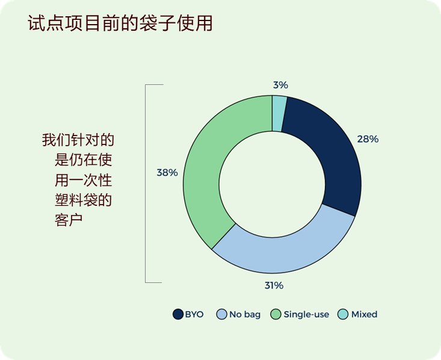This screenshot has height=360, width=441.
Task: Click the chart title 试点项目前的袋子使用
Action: [x=120, y=23]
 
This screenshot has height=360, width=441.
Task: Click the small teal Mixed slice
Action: [x=279, y=113]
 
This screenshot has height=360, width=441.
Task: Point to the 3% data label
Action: [x=280, y=85]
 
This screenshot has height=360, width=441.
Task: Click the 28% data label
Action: [x=368, y=139]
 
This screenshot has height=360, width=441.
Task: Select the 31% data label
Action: [x=274, y=285]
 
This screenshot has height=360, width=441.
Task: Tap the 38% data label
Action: [x=167, y=173]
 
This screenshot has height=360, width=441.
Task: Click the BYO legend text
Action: [x=194, y=314]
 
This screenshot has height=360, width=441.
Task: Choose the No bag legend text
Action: [x=245, y=314]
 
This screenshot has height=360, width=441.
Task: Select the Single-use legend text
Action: [x=306, y=314]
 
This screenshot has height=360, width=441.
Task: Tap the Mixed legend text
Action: [x=364, y=314]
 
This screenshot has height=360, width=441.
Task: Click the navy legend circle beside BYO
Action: [x=178, y=314]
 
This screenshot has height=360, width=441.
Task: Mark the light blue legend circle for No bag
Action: [x=221, y=314]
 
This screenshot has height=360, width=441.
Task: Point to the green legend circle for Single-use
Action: [x=276, y=314]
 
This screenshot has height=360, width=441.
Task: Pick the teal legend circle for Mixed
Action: [x=343, y=314]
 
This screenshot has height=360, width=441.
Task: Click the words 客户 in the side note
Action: [x=69, y=220]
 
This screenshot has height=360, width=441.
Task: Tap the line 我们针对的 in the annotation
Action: [x=78, y=140]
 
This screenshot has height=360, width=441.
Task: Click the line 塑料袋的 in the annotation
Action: [x=83, y=200]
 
